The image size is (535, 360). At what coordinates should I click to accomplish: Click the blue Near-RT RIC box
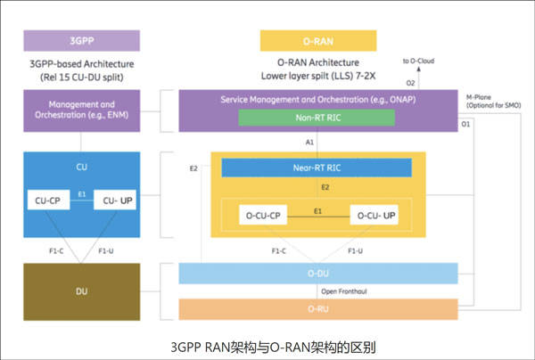click(316, 167)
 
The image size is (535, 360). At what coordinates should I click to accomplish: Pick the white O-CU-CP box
click(263, 216)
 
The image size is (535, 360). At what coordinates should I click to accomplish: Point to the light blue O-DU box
click(318, 273)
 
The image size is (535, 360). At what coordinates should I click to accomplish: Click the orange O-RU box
click(318, 308)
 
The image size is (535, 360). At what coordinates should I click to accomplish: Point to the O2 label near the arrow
click(410, 83)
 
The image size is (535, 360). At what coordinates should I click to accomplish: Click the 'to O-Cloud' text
click(420, 61)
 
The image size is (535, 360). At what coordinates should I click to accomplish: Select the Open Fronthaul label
click(345, 290)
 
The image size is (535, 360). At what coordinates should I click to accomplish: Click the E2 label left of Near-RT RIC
click(193, 167)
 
